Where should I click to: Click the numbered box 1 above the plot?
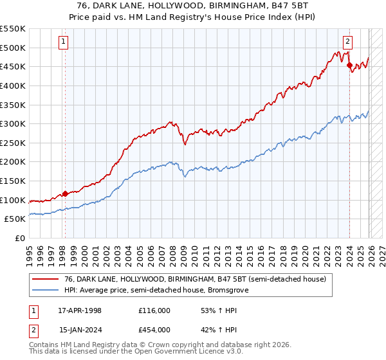[x=64, y=42]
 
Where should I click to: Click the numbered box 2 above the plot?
[x=347, y=42]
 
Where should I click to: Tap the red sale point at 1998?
[x=65, y=194]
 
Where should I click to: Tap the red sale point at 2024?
[x=349, y=65]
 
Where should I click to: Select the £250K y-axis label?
[x=14, y=143]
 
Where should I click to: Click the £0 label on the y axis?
[x=21, y=238]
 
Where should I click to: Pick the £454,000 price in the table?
[x=154, y=330]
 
